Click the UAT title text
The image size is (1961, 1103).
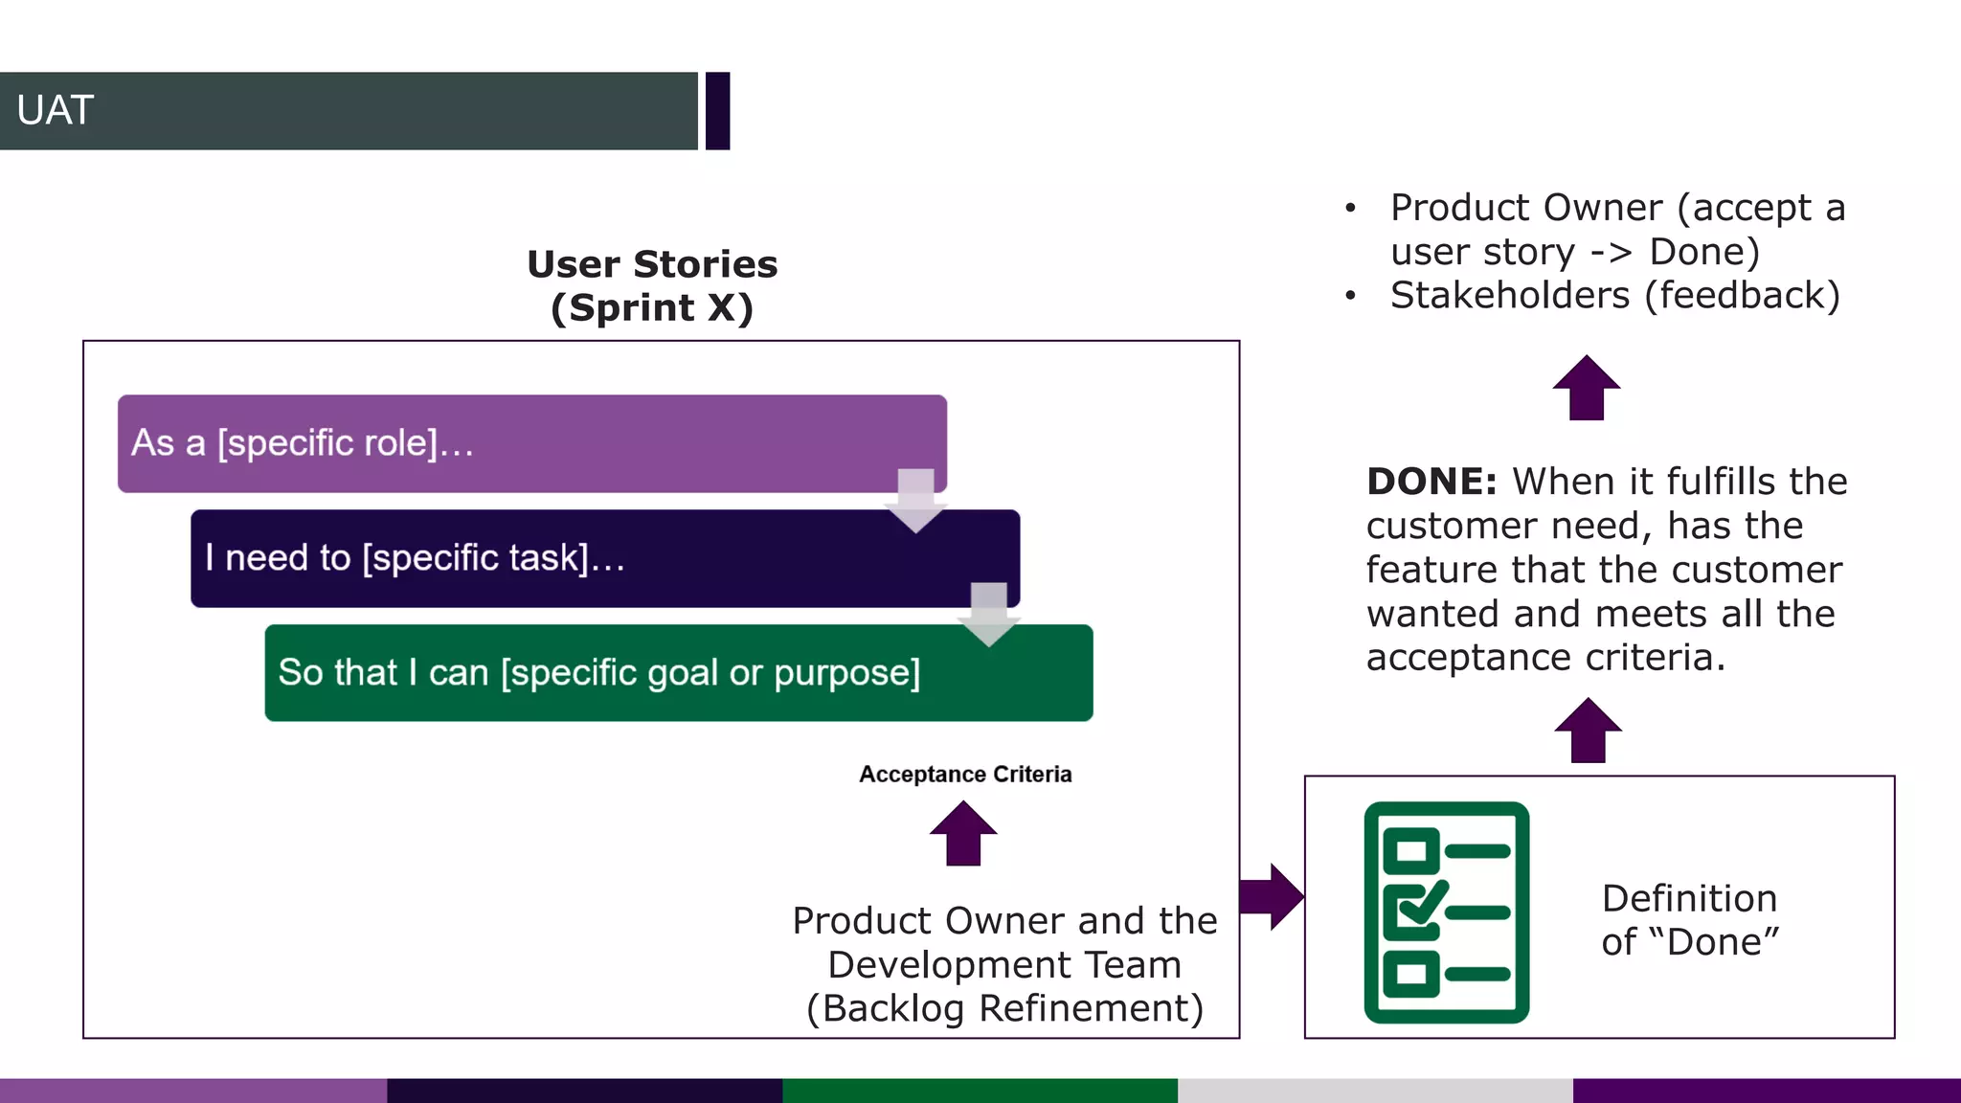(55, 111)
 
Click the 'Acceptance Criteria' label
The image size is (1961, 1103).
(965, 775)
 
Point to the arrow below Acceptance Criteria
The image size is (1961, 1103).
(963, 834)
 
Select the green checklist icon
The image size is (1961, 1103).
(1446, 912)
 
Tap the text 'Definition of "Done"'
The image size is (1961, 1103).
(1689, 920)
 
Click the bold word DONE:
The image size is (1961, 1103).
(1431, 482)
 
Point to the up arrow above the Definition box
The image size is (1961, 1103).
(1588, 731)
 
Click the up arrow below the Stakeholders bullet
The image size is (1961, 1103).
(1587, 388)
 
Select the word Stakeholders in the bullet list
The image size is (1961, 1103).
(1509, 296)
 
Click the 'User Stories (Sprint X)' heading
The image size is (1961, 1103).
(652, 285)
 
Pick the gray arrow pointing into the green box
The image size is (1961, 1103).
(989, 614)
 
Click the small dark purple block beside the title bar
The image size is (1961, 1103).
(718, 111)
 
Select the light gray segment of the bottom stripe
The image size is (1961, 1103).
(1374, 1091)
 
